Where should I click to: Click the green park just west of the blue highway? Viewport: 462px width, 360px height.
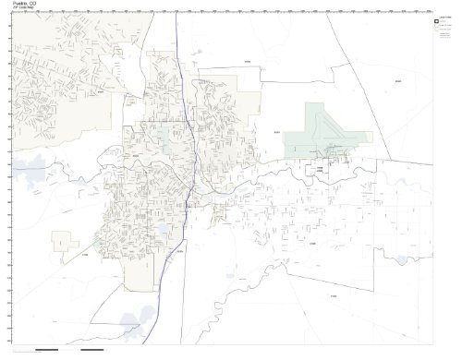164,137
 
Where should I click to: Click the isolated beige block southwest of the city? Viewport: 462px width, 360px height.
62,242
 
